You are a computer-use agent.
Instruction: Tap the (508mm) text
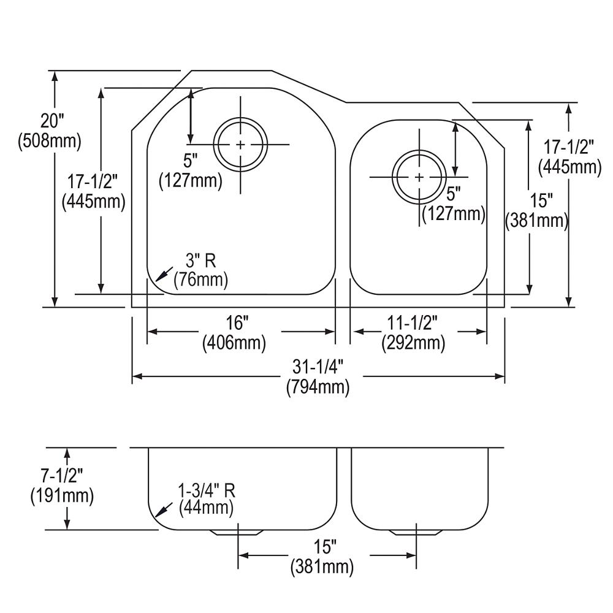[x=49, y=141]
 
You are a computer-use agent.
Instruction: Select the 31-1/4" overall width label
[x=318, y=367]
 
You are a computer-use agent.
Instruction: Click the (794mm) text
[x=318, y=387]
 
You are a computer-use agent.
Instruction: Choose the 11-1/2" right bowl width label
[x=412, y=323]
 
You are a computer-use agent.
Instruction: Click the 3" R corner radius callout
[x=200, y=261]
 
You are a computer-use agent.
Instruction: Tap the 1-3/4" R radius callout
[x=207, y=491]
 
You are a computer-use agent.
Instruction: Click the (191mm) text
[x=62, y=496]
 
